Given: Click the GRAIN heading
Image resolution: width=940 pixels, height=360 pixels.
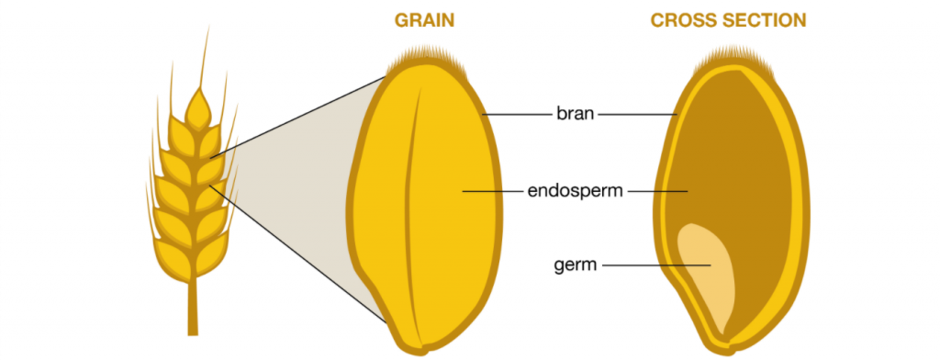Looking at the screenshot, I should tap(425, 20).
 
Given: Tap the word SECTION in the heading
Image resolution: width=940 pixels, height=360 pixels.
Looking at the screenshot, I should tap(762, 20).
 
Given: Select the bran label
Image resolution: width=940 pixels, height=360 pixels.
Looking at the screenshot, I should tap(576, 115).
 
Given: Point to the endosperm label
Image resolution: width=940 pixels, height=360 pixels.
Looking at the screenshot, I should tap(576, 191).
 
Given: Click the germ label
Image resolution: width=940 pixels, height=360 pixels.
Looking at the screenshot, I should tap(576, 265).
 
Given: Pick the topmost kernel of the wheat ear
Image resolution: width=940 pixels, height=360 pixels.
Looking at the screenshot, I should tap(198, 108).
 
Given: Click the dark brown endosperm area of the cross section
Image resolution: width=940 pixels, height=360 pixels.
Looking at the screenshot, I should tap(734, 156).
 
